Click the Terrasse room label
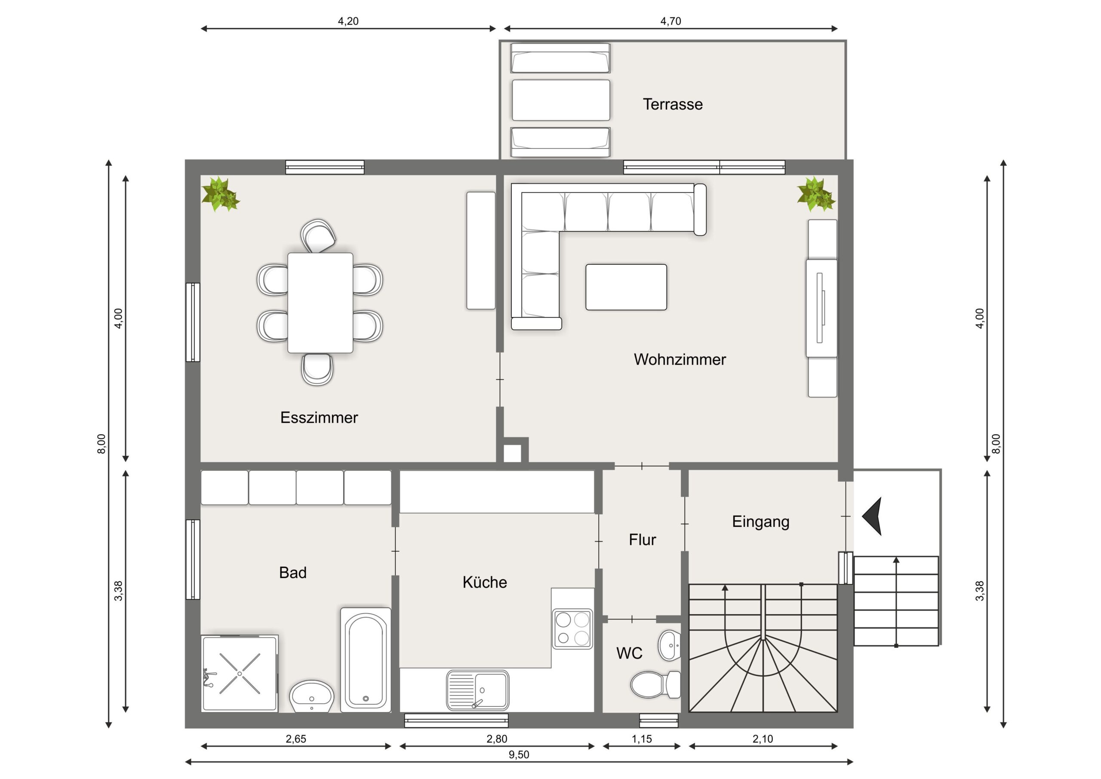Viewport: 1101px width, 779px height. point(672,104)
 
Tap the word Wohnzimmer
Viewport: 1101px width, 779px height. point(680,359)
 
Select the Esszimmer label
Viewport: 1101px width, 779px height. point(319,417)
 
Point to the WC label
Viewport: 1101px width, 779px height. point(629,653)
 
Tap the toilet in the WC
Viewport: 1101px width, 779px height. point(655,684)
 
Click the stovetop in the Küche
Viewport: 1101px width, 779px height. point(572,629)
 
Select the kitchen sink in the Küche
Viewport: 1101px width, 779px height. point(478,690)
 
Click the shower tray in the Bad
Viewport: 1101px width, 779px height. point(239,674)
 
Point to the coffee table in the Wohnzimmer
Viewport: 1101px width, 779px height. point(626,287)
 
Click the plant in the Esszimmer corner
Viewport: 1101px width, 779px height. point(220,195)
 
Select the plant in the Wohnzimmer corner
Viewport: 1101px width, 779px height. point(816,195)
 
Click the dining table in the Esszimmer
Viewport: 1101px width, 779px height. point(320,303)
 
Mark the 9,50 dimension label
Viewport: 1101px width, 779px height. point(519,754)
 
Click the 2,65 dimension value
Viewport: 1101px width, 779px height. point(296,739)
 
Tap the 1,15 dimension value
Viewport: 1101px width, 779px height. point(642,739)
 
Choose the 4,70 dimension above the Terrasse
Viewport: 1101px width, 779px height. point(670,21)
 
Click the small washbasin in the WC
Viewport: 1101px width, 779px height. point(670,646)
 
